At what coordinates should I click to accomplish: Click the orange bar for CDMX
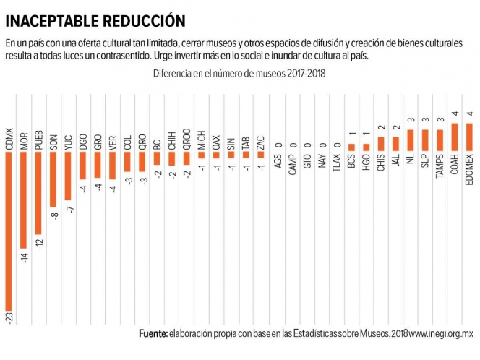9,231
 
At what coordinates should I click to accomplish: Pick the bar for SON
53,180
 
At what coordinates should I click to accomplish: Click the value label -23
9,319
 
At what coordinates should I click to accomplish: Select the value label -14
24,257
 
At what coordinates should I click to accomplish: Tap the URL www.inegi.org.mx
440,334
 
